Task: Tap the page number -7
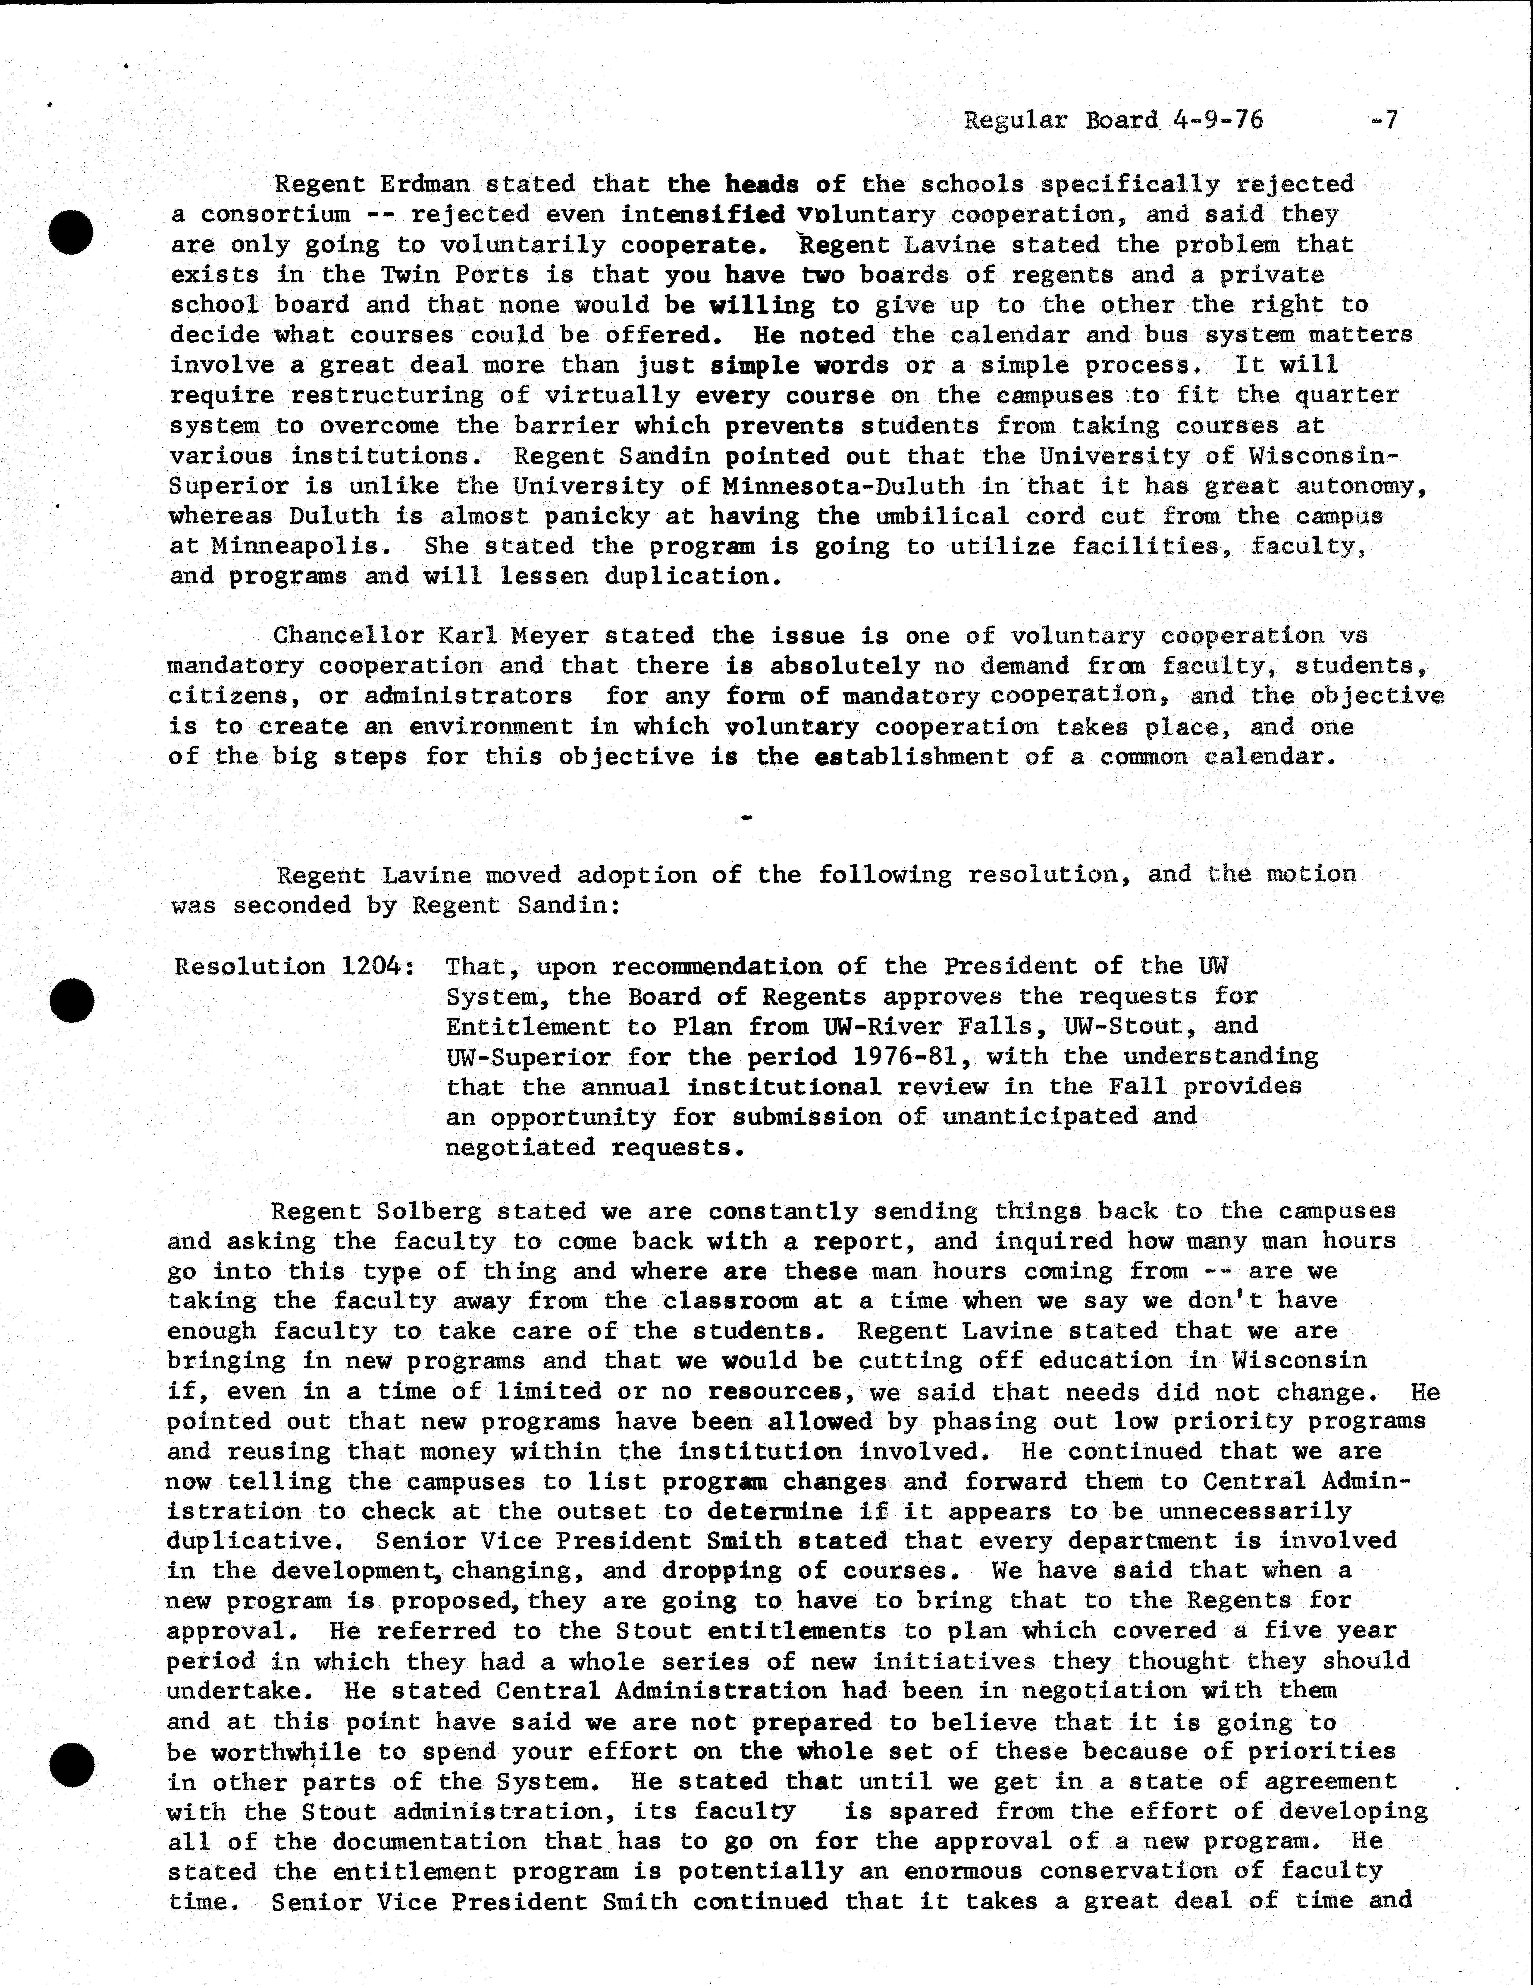click(x=1383, y=120)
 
